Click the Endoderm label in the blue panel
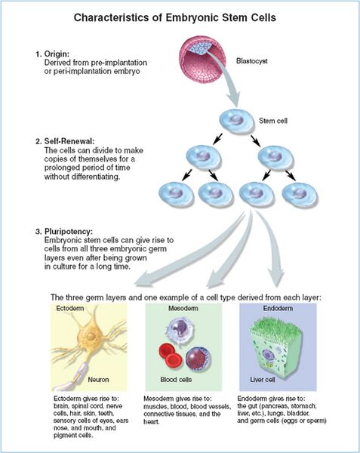[278, 310]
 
